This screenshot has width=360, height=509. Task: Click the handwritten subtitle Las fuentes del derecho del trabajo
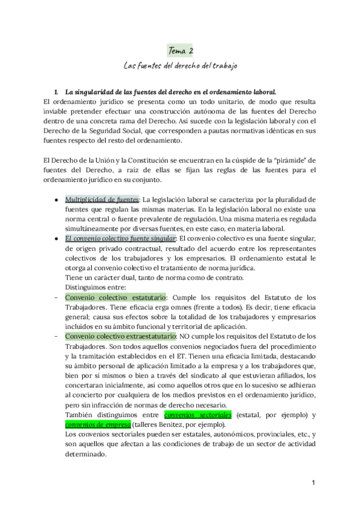click(180, 65)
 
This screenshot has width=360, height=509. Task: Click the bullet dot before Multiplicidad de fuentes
click(56, 199)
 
